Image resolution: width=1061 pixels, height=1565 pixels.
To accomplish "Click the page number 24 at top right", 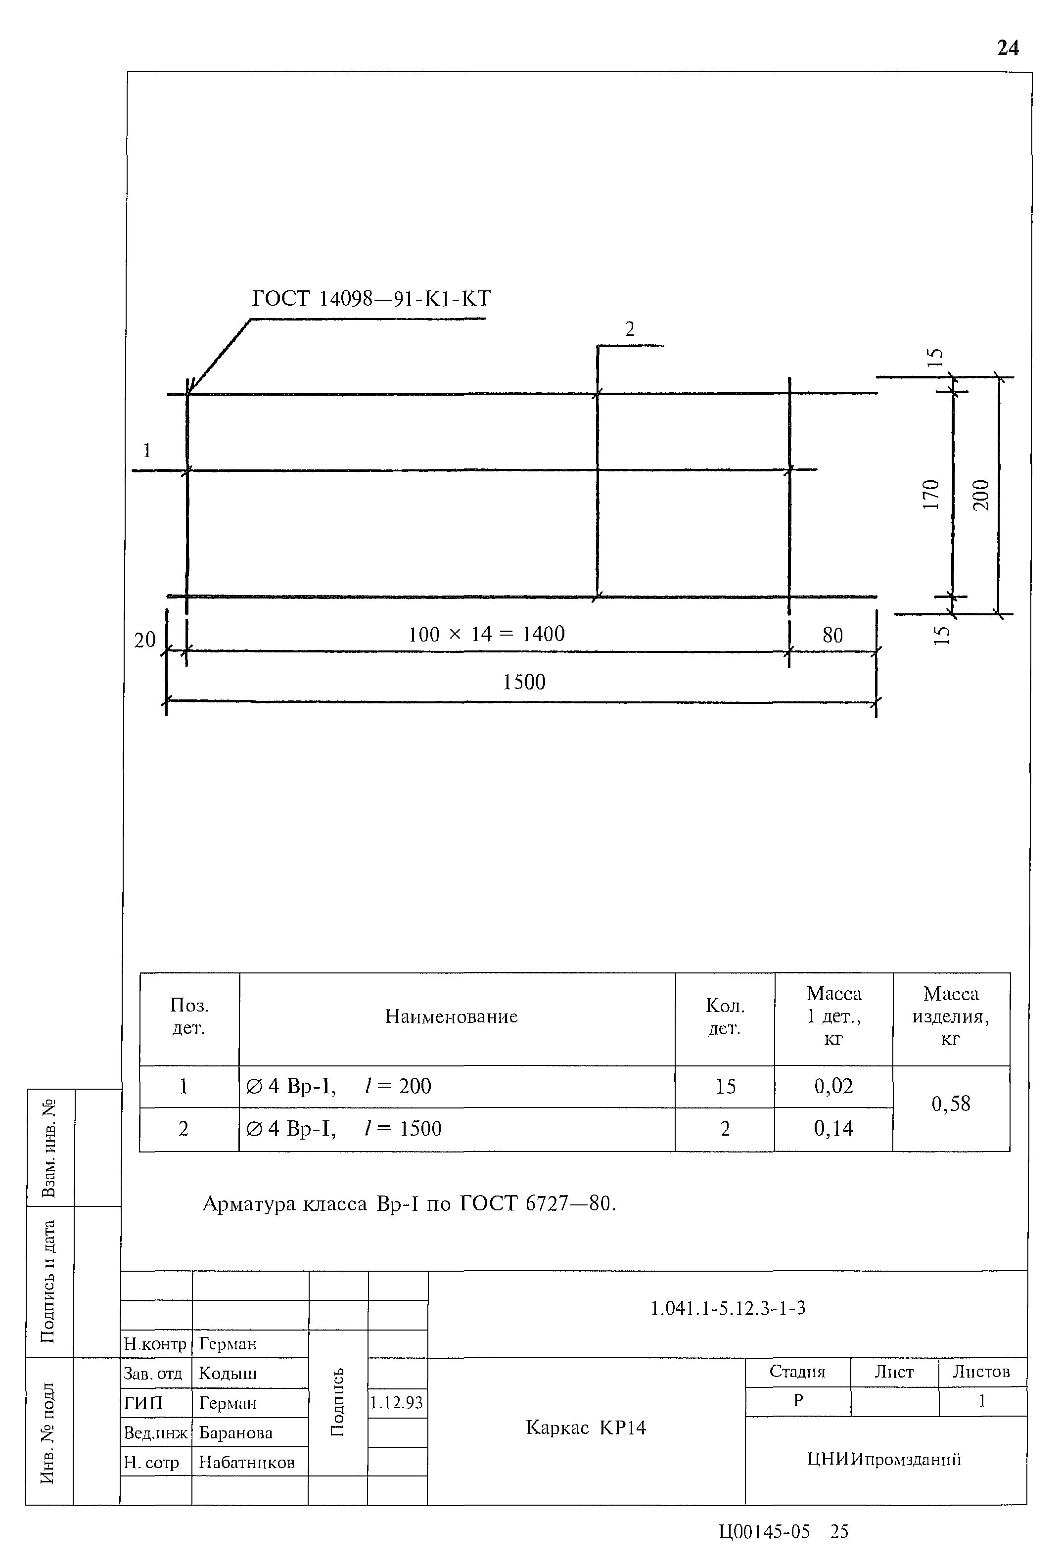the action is [1008, 48].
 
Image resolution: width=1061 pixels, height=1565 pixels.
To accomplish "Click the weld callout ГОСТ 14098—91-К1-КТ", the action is [371, 298].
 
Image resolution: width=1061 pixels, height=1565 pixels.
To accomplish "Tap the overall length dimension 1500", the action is [524, 682].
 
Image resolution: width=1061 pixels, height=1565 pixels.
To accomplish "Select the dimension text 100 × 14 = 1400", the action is [486, 634].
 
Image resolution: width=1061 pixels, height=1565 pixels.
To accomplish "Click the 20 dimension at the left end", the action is [145, 640].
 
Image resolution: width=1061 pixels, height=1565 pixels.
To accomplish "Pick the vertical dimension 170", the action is [930, 494].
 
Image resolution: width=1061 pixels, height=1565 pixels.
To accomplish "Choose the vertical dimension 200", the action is [981, 495].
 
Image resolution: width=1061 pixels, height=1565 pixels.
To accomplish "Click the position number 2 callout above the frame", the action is [630, 329].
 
